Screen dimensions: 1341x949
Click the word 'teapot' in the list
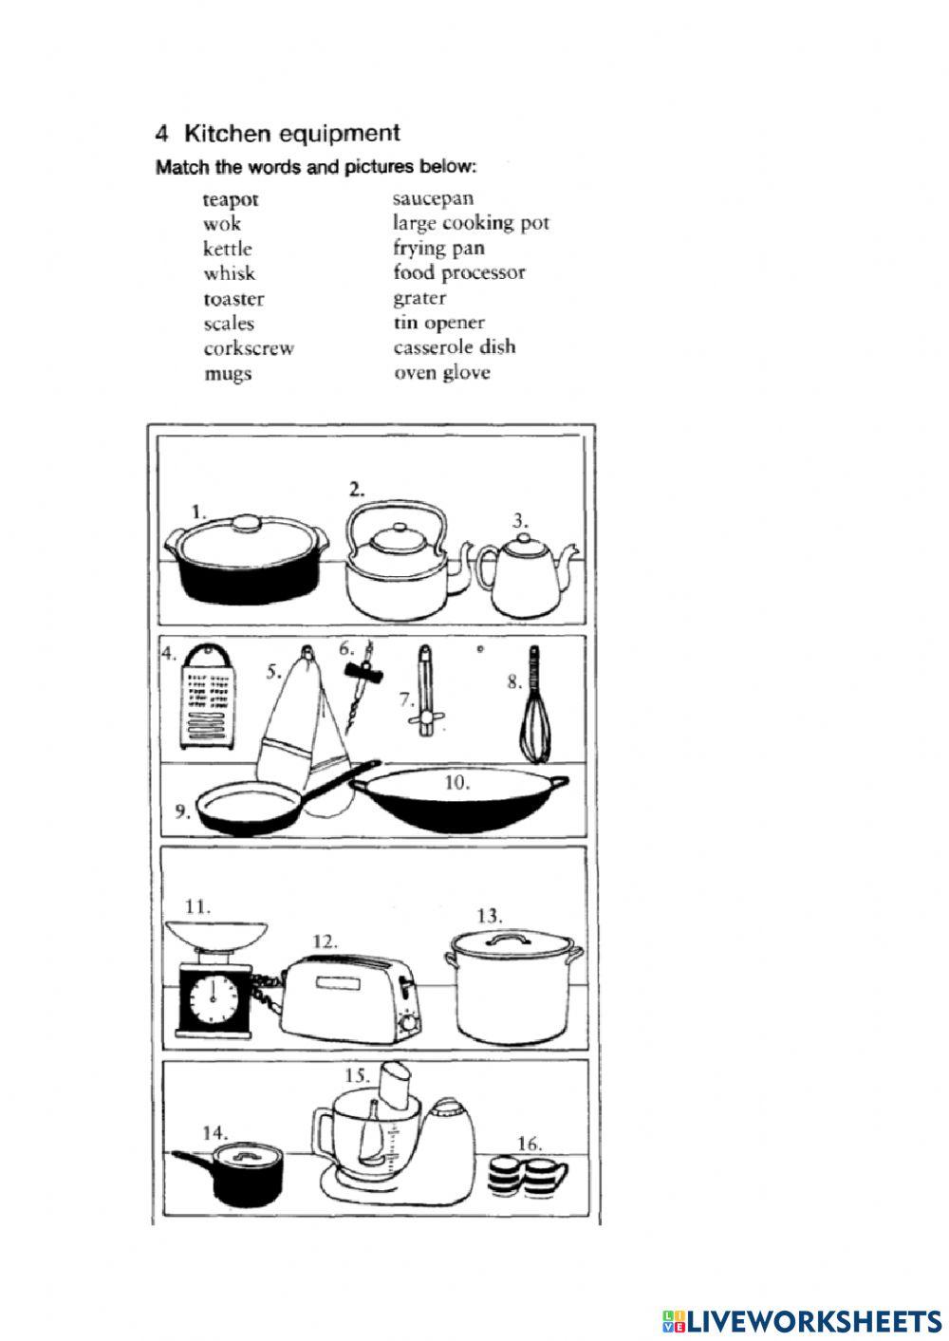(x=230, y=200)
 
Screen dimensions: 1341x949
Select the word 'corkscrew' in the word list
(x=249, y=348)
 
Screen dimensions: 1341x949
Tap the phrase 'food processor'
(x=458, y=273)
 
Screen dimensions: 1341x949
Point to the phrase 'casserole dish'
(x=455, y=347)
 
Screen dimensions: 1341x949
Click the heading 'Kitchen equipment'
(x=291, y=134)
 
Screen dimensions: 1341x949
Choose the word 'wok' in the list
(x=222, y=225)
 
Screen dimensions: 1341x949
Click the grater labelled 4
(x=208, y=698)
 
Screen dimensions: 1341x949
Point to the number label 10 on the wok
(x=456, y=784)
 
